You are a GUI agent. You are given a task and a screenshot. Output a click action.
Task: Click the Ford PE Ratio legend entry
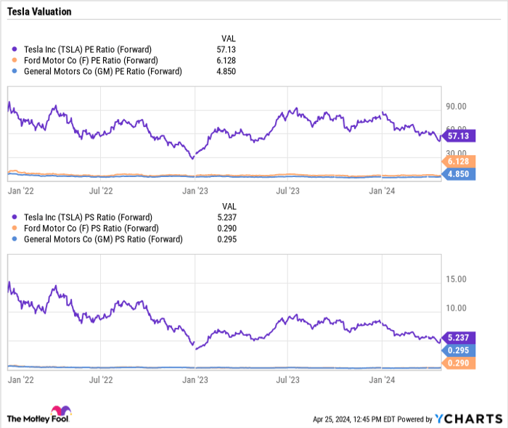pos(90,60)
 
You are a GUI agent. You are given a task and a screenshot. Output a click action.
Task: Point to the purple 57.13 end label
pos(460,136)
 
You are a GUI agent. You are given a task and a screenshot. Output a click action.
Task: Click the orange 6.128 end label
pos(460,161)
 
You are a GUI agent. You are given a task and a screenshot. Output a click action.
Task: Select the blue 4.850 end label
pos(460,174)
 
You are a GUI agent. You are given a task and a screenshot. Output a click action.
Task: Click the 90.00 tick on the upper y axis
pos(456,106)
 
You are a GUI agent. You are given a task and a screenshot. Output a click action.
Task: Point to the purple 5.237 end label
pos(460,337)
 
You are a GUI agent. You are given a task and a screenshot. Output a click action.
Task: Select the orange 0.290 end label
pos(460,363)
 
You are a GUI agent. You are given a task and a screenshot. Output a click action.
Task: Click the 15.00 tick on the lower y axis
pos(456,279)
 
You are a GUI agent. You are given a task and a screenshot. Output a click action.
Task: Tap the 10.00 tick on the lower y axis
pos(456,308)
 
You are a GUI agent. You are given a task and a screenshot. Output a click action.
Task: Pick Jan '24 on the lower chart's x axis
pos(382,379)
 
